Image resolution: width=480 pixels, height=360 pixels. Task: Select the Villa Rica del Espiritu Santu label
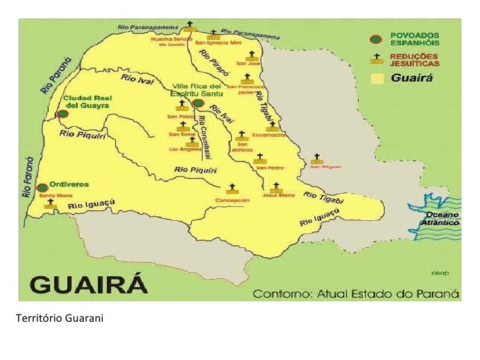(x=198, y=90)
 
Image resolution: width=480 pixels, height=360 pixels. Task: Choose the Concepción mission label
(x=232, y=200)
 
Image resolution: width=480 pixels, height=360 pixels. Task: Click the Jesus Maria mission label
(x=278, y=195)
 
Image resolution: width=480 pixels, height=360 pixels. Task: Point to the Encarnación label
(x=268, y=135)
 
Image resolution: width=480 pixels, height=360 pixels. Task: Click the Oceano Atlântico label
(x=441, y=219)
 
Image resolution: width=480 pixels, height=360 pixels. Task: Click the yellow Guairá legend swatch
(x=376, y=78)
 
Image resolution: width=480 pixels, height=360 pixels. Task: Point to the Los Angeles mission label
(x=184, y=148)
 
